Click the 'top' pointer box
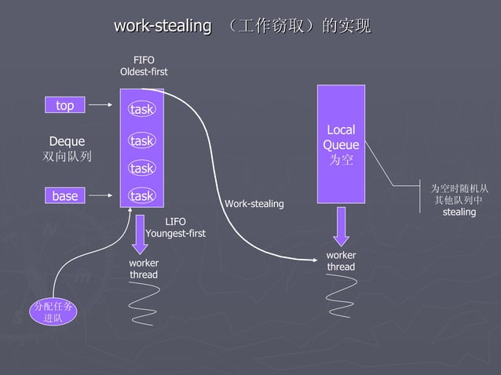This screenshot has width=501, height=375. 65,104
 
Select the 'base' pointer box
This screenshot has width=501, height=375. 65,195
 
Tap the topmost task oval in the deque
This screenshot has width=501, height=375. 142,109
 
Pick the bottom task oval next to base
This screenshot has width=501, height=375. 142,195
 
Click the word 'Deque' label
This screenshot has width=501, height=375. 67,141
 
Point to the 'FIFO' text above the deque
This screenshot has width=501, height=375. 144,60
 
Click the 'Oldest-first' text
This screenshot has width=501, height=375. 144,72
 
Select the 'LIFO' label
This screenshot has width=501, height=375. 175,221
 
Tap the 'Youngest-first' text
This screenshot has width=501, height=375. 175,233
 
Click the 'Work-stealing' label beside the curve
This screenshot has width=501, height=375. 254,204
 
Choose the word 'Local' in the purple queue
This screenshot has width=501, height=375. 341,130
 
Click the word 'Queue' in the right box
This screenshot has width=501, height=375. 341,145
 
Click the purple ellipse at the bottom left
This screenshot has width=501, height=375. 53,312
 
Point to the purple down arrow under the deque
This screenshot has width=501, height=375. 140,235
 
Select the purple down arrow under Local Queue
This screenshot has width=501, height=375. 342,227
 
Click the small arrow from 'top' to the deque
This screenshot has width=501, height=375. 101,104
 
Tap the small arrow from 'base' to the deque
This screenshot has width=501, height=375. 101,195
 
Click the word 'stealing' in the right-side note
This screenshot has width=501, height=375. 459,213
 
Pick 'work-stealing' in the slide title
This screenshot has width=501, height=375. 163,26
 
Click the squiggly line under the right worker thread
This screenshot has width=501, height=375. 342,297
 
